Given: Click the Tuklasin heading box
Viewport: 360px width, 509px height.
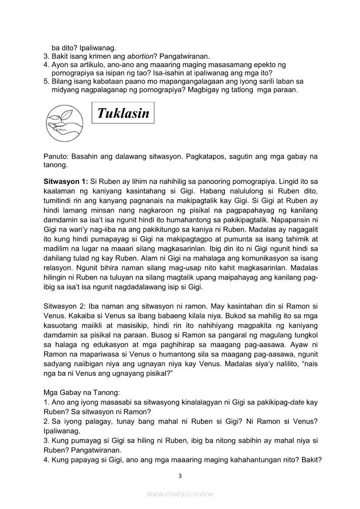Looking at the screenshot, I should pyautogui.click(x=123, y=114).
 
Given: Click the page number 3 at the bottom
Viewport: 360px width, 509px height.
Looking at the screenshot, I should pyautogui.click(x=180, y=476).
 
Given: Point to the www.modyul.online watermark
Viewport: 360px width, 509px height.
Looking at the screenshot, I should pyautogui.click(x=180, y=494).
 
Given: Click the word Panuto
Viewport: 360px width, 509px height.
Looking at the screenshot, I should pyautogui.click(x=55, y=156).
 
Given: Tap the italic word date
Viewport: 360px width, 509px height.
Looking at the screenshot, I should pyautogui.click(x=297, y=402).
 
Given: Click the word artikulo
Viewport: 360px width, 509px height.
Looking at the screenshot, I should pyautogui.click(x=85, y=64).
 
